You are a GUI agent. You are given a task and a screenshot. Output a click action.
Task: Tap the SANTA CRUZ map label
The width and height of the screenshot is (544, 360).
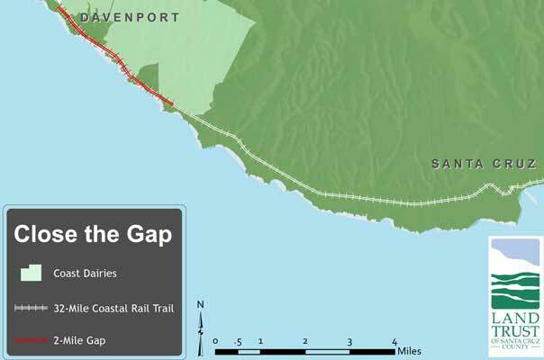point(484,164)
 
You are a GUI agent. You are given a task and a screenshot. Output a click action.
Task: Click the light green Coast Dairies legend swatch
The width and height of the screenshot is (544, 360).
point(31,273)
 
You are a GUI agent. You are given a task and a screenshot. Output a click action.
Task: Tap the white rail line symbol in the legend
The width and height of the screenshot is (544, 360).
point(31,308)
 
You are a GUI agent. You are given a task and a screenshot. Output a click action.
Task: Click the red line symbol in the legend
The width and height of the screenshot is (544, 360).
point(31,339)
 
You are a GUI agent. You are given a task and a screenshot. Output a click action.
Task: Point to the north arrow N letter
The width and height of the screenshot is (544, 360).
point(201,304)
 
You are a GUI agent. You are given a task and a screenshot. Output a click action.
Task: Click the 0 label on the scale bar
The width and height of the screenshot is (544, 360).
point(216,341)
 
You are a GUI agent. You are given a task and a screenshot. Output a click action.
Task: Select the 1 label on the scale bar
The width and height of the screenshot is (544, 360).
point(259,341)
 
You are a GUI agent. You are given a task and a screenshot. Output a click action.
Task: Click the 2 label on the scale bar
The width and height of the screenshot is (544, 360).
point(305,341)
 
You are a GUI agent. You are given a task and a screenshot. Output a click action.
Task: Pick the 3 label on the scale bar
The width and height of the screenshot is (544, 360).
point(349,341)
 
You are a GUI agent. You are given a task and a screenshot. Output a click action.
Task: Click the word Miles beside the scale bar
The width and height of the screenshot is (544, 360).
point(409,351)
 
